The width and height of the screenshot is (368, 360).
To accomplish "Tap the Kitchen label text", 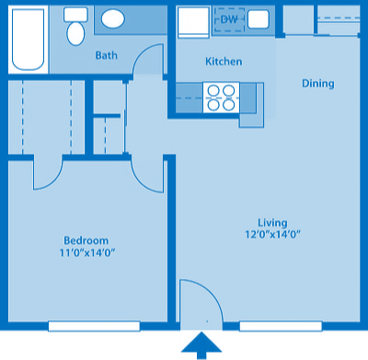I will [x=224, y=63].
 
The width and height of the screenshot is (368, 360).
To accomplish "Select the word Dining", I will [x=317, y=85].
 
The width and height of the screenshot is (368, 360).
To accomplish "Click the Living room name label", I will [x=272, y=223].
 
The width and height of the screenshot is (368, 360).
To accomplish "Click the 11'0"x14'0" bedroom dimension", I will [x=88, y=252].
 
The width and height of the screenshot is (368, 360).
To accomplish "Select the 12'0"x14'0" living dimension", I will [x=272, y=235].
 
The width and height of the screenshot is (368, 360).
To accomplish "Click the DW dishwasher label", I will [x=229, y=19].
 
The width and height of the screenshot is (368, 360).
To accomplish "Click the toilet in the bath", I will [x=76, y=28].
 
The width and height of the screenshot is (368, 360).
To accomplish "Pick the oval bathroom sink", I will [x=114, y=19].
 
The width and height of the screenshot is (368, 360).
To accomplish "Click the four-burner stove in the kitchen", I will [x=221, y=97].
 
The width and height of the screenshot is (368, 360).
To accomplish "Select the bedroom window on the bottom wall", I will [x=94, y=326].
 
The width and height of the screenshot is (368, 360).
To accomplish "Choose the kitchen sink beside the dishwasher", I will [x=258, y=19].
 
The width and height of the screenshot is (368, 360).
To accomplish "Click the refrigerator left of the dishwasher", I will [x=193, y=21].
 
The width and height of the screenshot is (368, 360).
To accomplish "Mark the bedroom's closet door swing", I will [x=48, y=172].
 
